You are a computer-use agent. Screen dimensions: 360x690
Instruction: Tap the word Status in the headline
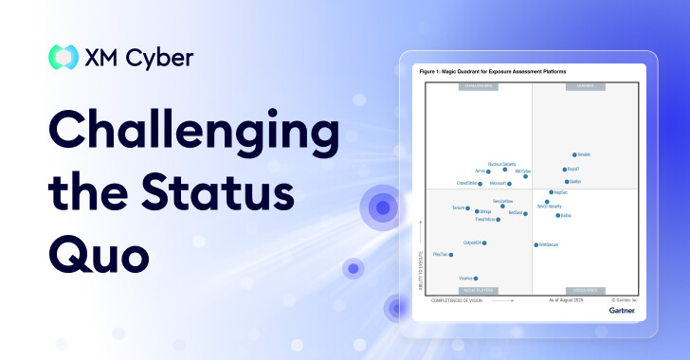tap(221, 192)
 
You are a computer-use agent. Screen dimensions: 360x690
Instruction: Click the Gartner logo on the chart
tap(623, 309)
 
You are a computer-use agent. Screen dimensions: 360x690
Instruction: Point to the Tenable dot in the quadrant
tap(574, 154)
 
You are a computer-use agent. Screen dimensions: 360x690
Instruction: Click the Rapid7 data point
tap(565, 170)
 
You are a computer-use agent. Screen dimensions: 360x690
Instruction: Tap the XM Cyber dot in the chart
tap(525, 176)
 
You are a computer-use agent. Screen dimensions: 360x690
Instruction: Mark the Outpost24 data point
tap(488, 243)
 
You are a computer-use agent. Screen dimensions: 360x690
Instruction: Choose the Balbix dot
tap(557, 215)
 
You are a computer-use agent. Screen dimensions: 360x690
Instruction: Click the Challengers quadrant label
tap(478, 86)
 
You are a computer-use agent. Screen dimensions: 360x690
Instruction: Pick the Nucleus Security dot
tap(505, 170)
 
